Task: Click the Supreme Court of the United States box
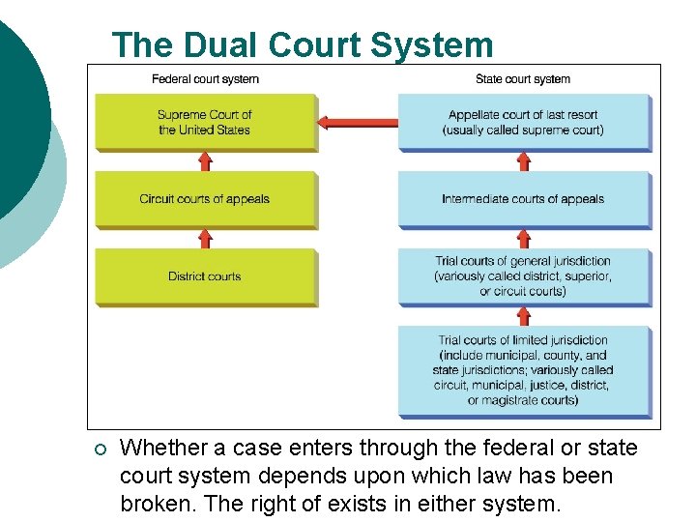205,122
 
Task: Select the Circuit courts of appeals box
205,199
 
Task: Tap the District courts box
205,276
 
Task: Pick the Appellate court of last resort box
523,122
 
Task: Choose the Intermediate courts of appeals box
523,199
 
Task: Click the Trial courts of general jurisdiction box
523,276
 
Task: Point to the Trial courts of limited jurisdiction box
523,370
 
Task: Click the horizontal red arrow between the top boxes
358,122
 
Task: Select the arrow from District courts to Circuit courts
205,238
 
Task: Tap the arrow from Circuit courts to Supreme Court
205,160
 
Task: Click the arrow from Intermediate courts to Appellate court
523,160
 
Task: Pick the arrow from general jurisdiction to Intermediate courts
523,238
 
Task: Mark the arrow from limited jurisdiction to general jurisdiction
523,316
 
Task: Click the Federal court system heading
205,79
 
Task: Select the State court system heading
523,79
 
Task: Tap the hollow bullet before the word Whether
100,449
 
